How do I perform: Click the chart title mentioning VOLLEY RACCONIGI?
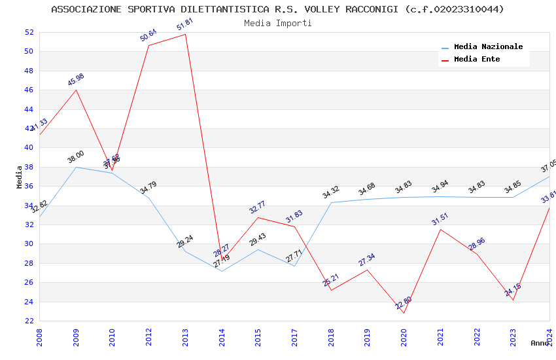pos(277,9)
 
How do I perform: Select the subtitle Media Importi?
pos(277,23)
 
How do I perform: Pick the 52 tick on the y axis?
pos(29,32)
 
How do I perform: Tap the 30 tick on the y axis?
pos(29,244)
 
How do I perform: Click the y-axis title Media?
pos(20,177)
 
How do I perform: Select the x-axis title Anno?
pos(540,343)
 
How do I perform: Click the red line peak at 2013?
pos(186,34)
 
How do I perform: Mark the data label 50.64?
pos(148,35)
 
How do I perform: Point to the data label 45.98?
pos(76,80)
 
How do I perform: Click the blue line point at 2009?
pos(76,167)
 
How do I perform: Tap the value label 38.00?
pos(76,157)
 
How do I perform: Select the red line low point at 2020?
pos(404,313)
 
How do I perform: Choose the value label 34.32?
pos(331,192)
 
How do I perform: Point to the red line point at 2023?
pos(513,300)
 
